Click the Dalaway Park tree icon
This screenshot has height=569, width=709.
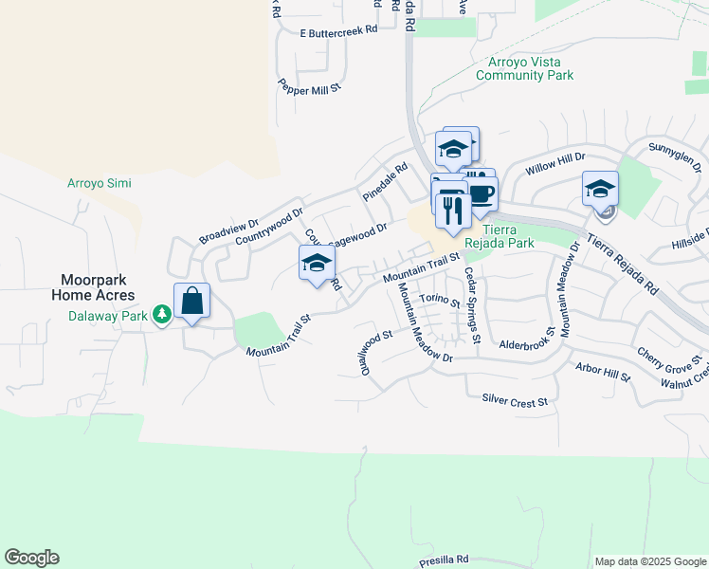[x=162, y=314]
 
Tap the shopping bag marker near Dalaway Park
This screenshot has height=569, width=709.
[x=191, y=302]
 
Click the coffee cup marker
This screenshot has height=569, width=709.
[x=480, y=194]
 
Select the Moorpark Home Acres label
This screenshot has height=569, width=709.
[x=100, y=287]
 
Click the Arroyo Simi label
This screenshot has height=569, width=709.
[x=100, y=183]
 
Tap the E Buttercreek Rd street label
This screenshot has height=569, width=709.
[x=337, y=31]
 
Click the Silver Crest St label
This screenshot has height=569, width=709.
[x=515, y=401]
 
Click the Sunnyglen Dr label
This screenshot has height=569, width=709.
[x=676, y=148]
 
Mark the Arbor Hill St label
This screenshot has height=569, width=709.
[x=602, y=371]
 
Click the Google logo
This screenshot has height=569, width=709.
[x=31, y=558]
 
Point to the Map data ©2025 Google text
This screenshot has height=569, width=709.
[x=649, y=560]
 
